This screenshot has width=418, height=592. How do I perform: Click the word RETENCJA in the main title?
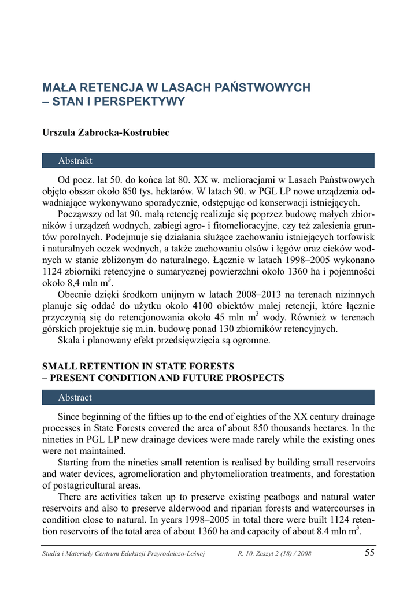click(x=108, y=88)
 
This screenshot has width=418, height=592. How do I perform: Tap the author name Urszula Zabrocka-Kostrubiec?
click(x=106, y=133)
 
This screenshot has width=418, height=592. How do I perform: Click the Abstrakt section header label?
click(x=75, y=161)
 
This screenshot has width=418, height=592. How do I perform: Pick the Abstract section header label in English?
click(x=75, y=398)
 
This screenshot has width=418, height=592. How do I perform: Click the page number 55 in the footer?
click(x=370, y=554)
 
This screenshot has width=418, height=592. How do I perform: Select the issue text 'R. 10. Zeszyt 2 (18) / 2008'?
click(x=275, y=554)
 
